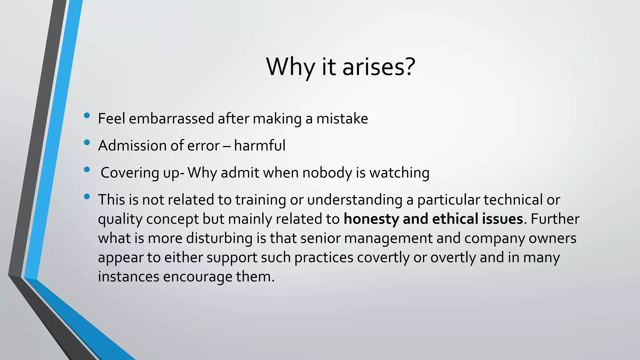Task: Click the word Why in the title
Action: tap(290, 67)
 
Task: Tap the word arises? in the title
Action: tap(379, 67)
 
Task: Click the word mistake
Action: tap(342, 119)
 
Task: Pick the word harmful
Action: tap(260, 146)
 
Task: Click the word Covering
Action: tap(130, 173)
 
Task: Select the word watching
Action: tap(399, 173)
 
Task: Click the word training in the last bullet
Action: tap(261, 200)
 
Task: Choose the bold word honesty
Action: tap(371, 219)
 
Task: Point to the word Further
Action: tap(555, 219)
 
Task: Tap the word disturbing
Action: tap(219, 238)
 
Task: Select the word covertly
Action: tap(383, 258)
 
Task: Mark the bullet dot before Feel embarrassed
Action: tap(87, 116)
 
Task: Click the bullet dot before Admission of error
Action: tap(87, 143)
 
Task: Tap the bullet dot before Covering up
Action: tap(87, 170)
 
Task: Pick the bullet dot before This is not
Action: tap(87, 197)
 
